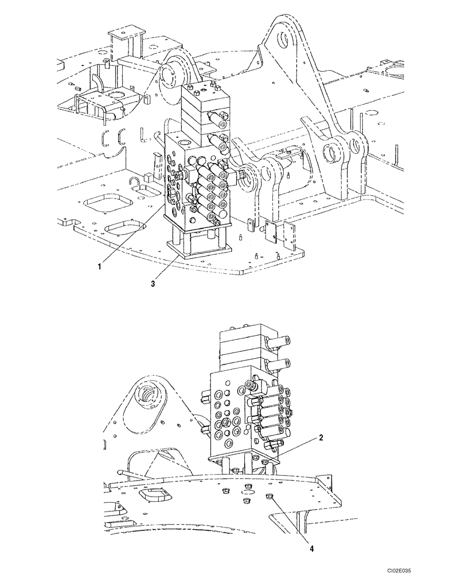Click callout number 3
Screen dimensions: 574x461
point(153,283)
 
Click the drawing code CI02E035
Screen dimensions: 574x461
point(431,566)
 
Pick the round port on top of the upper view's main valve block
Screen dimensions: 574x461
point(183,142)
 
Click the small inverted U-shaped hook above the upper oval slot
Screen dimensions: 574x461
point(135,183)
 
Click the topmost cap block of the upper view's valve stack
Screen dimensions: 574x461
point(202,92)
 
